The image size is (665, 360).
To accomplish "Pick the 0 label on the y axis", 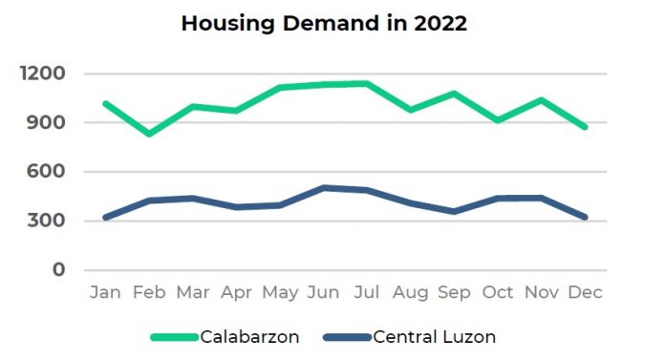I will (58, 270).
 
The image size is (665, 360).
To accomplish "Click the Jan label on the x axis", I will (105, 292).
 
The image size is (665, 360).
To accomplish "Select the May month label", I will (280, 292).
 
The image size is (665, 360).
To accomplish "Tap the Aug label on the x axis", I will (411, 292).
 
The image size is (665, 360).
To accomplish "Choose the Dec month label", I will (585, 292).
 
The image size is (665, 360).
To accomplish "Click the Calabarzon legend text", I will (249, 336).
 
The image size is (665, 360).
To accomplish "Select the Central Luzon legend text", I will (435, 336).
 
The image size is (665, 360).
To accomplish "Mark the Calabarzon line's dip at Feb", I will (149, 134).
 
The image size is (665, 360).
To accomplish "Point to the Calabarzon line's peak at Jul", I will (367, 83).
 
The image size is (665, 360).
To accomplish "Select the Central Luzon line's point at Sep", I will (454, 211).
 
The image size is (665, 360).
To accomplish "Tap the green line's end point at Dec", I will (585, 127).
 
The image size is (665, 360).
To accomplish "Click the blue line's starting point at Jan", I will (105, 218).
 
